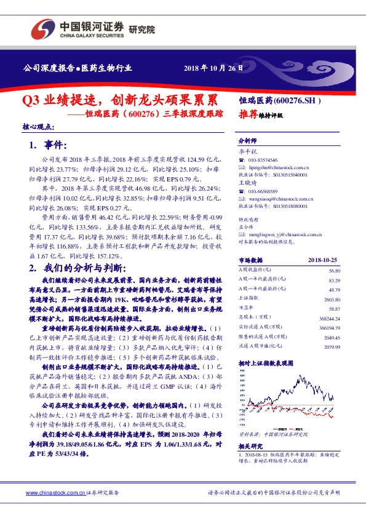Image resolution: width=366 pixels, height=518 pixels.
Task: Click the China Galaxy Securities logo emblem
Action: [43, 28]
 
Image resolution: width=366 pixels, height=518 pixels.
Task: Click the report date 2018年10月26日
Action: [210, 68]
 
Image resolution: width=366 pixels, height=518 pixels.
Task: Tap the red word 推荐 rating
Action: [249, 114]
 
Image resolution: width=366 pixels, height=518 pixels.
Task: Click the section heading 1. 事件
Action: [47, 145]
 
